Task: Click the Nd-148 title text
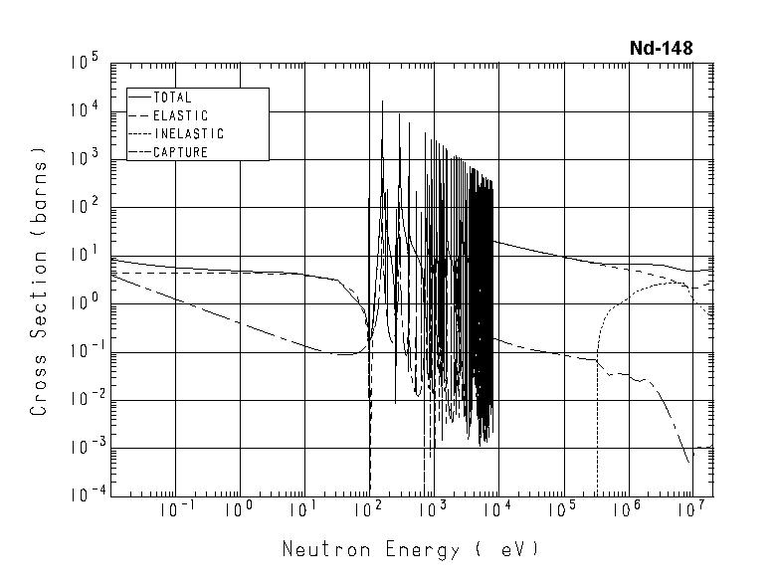(661, 48)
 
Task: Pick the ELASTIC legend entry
(179, 115)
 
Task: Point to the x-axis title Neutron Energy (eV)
(411, 549)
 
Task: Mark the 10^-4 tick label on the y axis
(84, 494)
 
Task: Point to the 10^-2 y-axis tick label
(84, 398)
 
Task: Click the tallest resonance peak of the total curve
(382, 101)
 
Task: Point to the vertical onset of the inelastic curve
(597, 398)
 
